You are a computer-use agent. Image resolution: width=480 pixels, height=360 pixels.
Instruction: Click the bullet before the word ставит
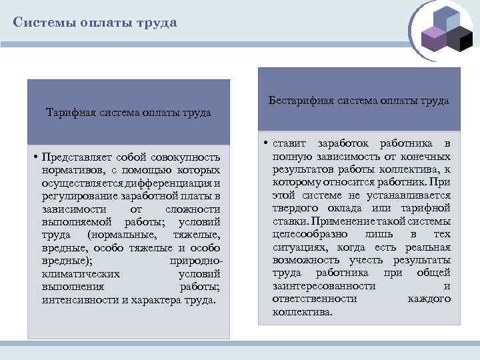pyautogui.click(x=265, y=144)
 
